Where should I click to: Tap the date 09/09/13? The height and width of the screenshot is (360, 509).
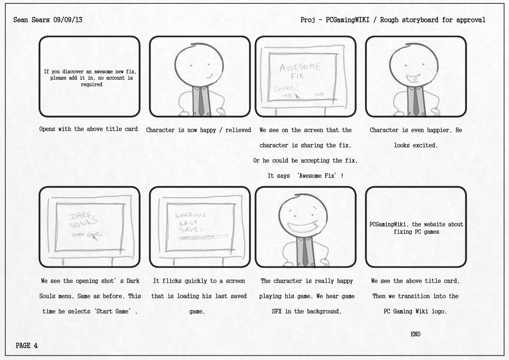point(67,20)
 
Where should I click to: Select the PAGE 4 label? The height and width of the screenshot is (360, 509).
point(27,346)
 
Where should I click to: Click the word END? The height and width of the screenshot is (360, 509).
point(415,334)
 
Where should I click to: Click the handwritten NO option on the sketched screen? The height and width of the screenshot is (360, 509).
point(319,95)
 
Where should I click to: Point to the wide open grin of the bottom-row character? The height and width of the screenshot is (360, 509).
point(305,227)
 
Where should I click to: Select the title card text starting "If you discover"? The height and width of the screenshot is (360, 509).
point(89,78)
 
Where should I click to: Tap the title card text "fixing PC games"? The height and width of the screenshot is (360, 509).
point(415,232)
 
